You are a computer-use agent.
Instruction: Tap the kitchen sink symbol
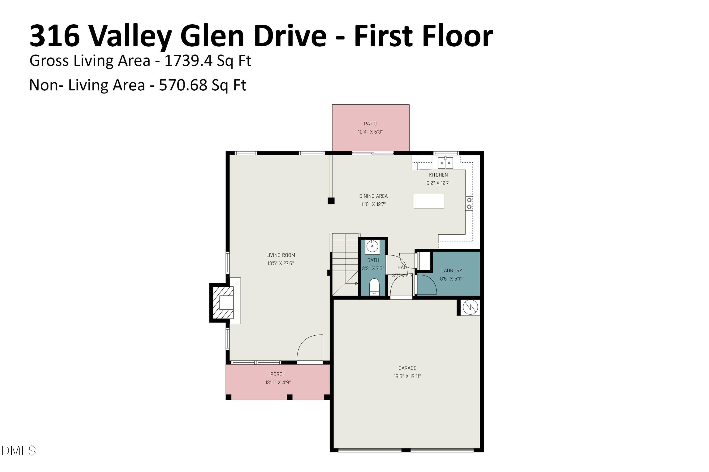pyautogui.click(x=445, y=163)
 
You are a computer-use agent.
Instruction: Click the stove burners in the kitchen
pyautogui.click(x=469, y=203)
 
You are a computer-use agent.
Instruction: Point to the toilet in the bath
pyautogui.click(x=374, y=287)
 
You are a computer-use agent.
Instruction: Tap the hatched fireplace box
pyautogui.click(x=223, y=303)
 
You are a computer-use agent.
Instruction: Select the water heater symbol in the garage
pyautogui.click(x=470, y=307)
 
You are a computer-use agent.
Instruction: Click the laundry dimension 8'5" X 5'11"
pyautogui.click(x=451, y=279)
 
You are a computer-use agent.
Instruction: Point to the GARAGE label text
pyautogui.click(x=407, y=368)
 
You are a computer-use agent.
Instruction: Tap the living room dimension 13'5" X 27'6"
pyautogui.click(x=281, y=263)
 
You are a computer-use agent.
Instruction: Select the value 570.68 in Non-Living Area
pyautogui.click(x=183, y=85)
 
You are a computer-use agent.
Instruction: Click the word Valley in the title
pyautogui.click(x=130, y=36)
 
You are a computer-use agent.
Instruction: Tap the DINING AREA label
pyautogui.click(x=373, y=196)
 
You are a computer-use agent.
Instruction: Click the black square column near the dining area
pyautogui.click(x=331, y=201)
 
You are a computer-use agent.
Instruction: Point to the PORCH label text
pyautogui.click(x=278, y=374)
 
